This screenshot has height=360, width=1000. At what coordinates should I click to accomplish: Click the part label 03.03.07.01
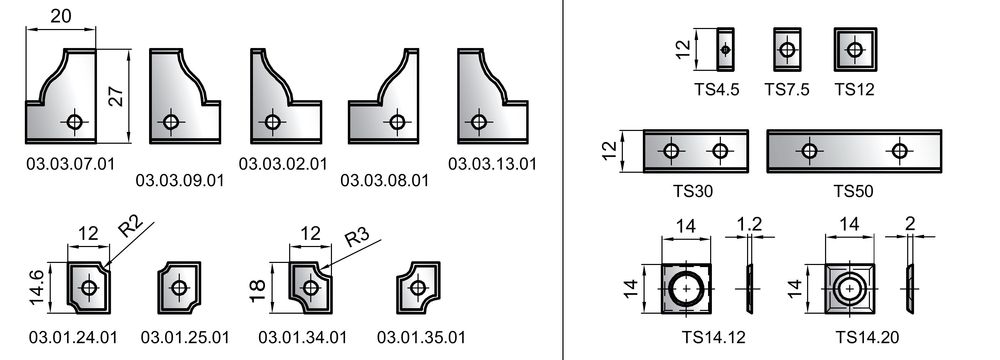tap(71, 164)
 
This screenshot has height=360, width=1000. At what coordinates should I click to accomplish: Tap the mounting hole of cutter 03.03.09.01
tap(170, 121)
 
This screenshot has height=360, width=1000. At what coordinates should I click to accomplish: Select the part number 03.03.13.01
tap(492, 164)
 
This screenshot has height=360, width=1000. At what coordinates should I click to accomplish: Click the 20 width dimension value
tap(61, 15)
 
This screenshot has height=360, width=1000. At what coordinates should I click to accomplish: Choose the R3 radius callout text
tap(357, 237)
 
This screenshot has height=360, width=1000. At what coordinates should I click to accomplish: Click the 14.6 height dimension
tap(38, 288)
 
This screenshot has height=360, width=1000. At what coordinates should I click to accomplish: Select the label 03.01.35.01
tap(421, 337)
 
